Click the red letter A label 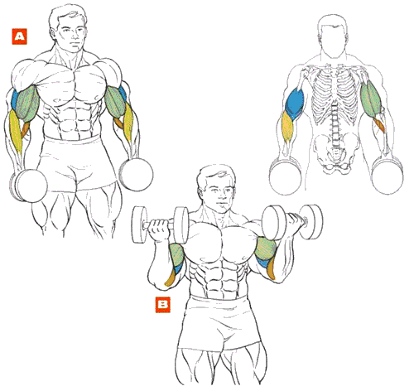[19, 36]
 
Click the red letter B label [163, 305]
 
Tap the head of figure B [217, 189]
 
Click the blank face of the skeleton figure [332, 36]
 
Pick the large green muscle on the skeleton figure [371, 97]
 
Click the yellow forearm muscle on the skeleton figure [287, 127]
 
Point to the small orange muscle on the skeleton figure [379, 125]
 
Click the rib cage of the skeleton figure [334, 94]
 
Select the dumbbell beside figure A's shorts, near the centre [136, 174]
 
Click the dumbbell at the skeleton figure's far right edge [388, 175]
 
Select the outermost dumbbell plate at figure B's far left [140, 224]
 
